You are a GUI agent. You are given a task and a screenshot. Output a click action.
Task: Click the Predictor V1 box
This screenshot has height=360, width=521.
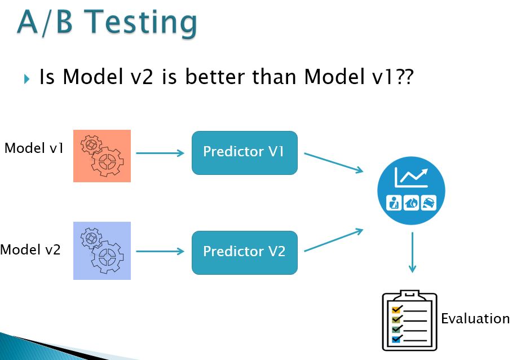tap(245, 152)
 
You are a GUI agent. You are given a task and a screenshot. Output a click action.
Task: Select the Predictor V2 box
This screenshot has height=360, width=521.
tap(245, 253)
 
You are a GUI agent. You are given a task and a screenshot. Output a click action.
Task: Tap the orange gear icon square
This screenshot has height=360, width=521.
tap(102, 156)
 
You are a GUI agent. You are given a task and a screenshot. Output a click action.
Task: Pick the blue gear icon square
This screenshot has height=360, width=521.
tap(102, 251)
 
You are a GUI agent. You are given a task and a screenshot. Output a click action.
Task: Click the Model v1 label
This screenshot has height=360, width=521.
tap(34, 148)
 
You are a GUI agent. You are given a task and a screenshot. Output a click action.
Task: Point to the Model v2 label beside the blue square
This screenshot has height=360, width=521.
tap(30, 249)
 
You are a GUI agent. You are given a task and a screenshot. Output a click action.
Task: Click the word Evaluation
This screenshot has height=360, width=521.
tap(475, 318)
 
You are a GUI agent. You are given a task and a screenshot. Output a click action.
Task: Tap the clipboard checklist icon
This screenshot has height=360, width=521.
tap(410, 320)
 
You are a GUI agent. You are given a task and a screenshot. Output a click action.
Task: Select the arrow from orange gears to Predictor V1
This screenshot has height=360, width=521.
tap(160, 153)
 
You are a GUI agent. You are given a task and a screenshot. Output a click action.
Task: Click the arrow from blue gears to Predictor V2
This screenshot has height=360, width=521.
tap(160, 251)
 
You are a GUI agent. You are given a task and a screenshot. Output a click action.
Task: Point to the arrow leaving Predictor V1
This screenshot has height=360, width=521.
tap(334, 163)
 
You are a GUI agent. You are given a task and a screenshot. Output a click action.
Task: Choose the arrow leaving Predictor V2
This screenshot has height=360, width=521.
tap(334, 240)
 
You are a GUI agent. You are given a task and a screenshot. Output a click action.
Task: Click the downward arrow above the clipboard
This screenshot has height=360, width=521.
tap(412, 252)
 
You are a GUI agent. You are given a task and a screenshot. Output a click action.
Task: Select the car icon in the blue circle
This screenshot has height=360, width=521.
tap(429, 203)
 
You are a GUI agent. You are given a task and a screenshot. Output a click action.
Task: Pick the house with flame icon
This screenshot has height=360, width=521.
tap(412, 203)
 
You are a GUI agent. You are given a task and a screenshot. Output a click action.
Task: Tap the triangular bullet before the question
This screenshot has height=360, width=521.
tap(27, 79)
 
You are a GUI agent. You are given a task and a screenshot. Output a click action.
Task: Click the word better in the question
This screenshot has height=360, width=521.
tap(215, 76)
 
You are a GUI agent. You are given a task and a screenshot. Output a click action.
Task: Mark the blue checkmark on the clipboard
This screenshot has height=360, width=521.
tap(398, 339)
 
